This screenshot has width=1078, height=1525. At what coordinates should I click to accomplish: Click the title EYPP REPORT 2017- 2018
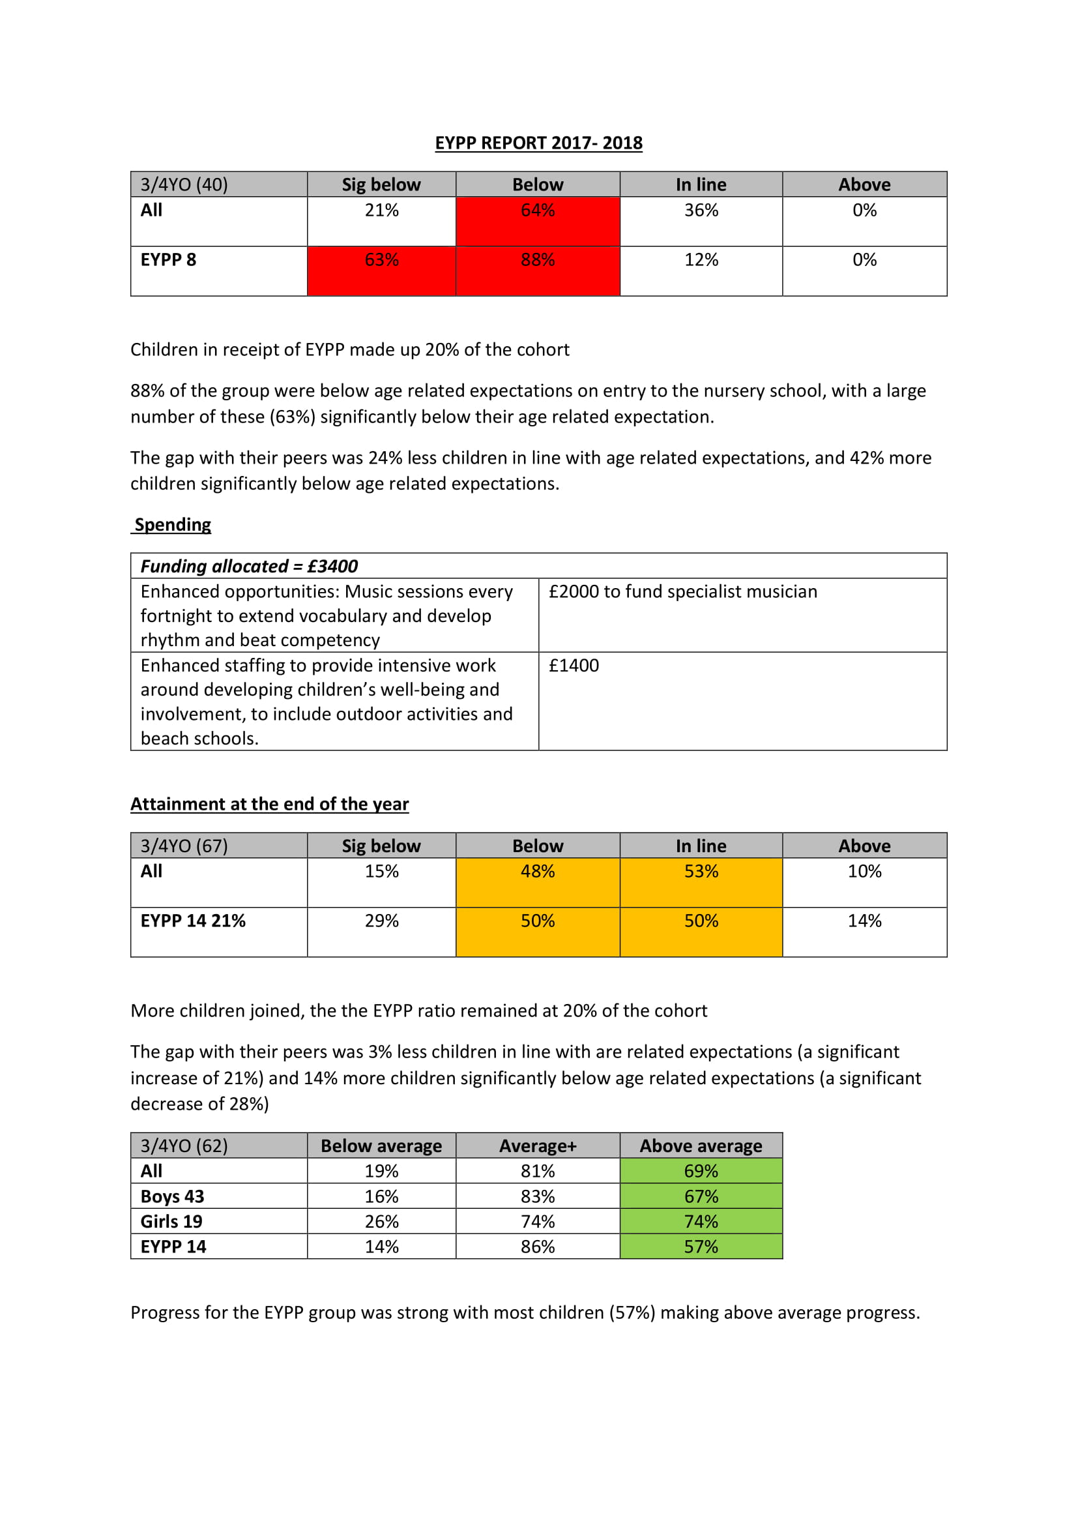click(x=538, y=143)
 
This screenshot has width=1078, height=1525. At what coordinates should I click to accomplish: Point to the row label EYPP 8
click(x=169, y=260)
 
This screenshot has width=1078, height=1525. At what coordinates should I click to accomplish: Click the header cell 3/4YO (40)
click(x=184, y=185)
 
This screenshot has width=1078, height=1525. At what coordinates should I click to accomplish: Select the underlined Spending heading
click(x=172, y=525)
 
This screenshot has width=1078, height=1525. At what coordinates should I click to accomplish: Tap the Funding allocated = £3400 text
click(x=249, y=567)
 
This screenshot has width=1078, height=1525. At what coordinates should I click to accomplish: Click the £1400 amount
click(x=574, y=666)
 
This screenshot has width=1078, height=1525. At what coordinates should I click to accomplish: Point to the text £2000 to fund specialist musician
click(x=682, y=592)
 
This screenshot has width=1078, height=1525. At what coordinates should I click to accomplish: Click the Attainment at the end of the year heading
click(x=270, y=805)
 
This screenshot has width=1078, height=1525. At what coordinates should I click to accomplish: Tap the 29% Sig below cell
click(x=382, y=921)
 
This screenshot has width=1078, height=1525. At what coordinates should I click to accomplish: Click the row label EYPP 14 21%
click(x=193, y=921)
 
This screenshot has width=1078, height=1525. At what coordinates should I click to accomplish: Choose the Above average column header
click(x=701, y=1146)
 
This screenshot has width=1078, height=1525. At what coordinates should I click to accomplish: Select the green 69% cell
click(x=701, y=1172)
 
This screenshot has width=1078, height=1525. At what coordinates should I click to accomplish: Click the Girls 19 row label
click(x=171, y=1222)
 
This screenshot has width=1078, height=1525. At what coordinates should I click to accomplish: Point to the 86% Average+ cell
click(x=538, y=1247)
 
